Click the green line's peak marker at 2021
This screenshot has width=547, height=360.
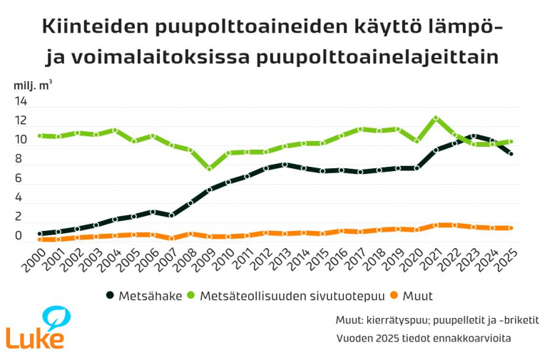click(436, 118)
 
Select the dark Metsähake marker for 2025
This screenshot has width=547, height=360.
click(511, 153)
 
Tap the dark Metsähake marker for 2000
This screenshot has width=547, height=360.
click(41, 234)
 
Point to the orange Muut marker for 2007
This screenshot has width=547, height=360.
click(172, 238)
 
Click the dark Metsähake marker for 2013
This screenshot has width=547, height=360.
click(285, 165)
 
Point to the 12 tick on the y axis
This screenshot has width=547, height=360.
click(20, 121)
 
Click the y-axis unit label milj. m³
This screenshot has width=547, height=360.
click(33, 85)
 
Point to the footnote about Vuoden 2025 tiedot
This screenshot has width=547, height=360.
click(424, 337)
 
